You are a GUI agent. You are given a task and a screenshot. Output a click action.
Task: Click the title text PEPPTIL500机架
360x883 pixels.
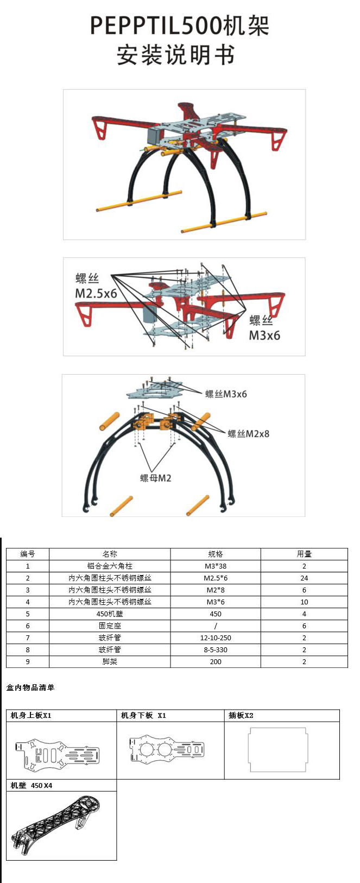(179, 26)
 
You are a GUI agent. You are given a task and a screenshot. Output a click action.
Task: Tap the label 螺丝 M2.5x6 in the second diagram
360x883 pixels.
(96, 286)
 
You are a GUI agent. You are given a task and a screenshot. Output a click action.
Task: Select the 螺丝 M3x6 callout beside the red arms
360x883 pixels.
(264, 327)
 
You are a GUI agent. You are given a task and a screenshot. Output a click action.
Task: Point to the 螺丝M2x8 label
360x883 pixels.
(248, 433)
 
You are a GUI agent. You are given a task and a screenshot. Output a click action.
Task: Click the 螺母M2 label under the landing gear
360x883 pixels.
(155, 478)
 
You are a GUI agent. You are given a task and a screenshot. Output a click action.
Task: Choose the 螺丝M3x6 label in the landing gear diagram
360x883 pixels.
(226, 394)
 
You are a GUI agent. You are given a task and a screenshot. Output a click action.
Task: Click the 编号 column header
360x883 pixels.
(28, 554)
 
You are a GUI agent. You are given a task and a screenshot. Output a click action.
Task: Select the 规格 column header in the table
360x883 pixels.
(216, 554)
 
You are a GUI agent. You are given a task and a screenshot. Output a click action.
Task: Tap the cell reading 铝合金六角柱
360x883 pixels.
(110, 566)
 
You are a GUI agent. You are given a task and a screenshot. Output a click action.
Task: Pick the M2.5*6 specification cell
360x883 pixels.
(216, 578)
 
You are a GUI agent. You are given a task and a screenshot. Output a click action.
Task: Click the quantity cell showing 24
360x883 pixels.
(304, 578)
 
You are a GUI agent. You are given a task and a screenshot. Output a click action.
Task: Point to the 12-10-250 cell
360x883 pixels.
(216, 638)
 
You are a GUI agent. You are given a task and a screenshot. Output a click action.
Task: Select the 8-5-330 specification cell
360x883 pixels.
(216, 649)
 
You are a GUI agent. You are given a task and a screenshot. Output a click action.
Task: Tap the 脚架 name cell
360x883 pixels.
(110, 661)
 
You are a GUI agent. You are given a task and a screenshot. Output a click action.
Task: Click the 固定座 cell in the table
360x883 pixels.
(110, 626)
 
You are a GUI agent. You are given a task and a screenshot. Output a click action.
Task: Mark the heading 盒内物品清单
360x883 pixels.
(30, 688)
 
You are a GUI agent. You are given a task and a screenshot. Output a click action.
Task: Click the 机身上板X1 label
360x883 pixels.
(31, 715)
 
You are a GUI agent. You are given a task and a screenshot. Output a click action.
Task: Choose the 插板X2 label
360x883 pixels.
(241, 715)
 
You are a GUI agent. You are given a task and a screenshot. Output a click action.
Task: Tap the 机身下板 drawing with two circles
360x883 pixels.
(167, 750)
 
